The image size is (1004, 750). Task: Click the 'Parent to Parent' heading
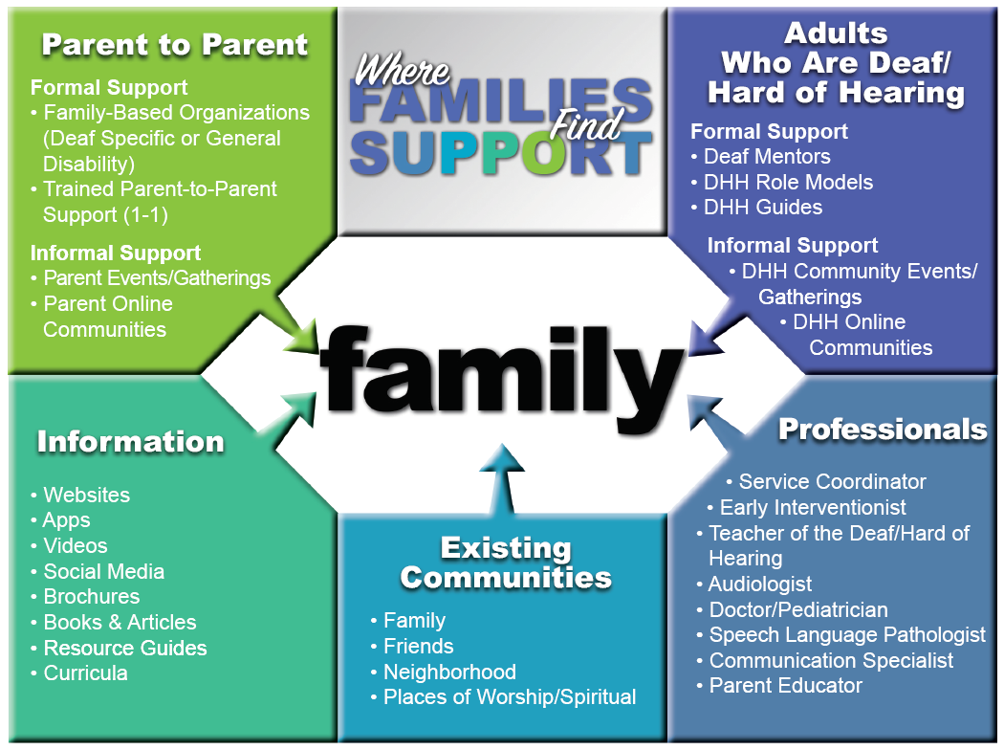pos(175,45)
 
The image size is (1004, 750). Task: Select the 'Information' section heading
pos(131,442)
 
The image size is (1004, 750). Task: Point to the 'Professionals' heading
pos(883,430)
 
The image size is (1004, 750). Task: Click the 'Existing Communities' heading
pos(506,562)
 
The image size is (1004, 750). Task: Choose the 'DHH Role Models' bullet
pos(782,182)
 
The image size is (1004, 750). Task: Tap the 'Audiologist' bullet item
pos(754,585)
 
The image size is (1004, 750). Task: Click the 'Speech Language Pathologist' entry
pos(841,634)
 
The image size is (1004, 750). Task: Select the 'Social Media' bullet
pos(98,571)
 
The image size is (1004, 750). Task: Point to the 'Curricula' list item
pos(78,673)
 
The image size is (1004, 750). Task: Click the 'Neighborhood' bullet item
pos(443,672)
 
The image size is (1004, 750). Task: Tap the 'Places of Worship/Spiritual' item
pos(503,696)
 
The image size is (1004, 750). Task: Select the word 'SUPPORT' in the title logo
pos(501,154)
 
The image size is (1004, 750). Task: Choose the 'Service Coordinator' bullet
pos(827,481)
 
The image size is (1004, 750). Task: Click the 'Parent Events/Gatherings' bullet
pos(150,278)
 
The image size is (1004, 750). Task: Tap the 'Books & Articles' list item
pos(114,622)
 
